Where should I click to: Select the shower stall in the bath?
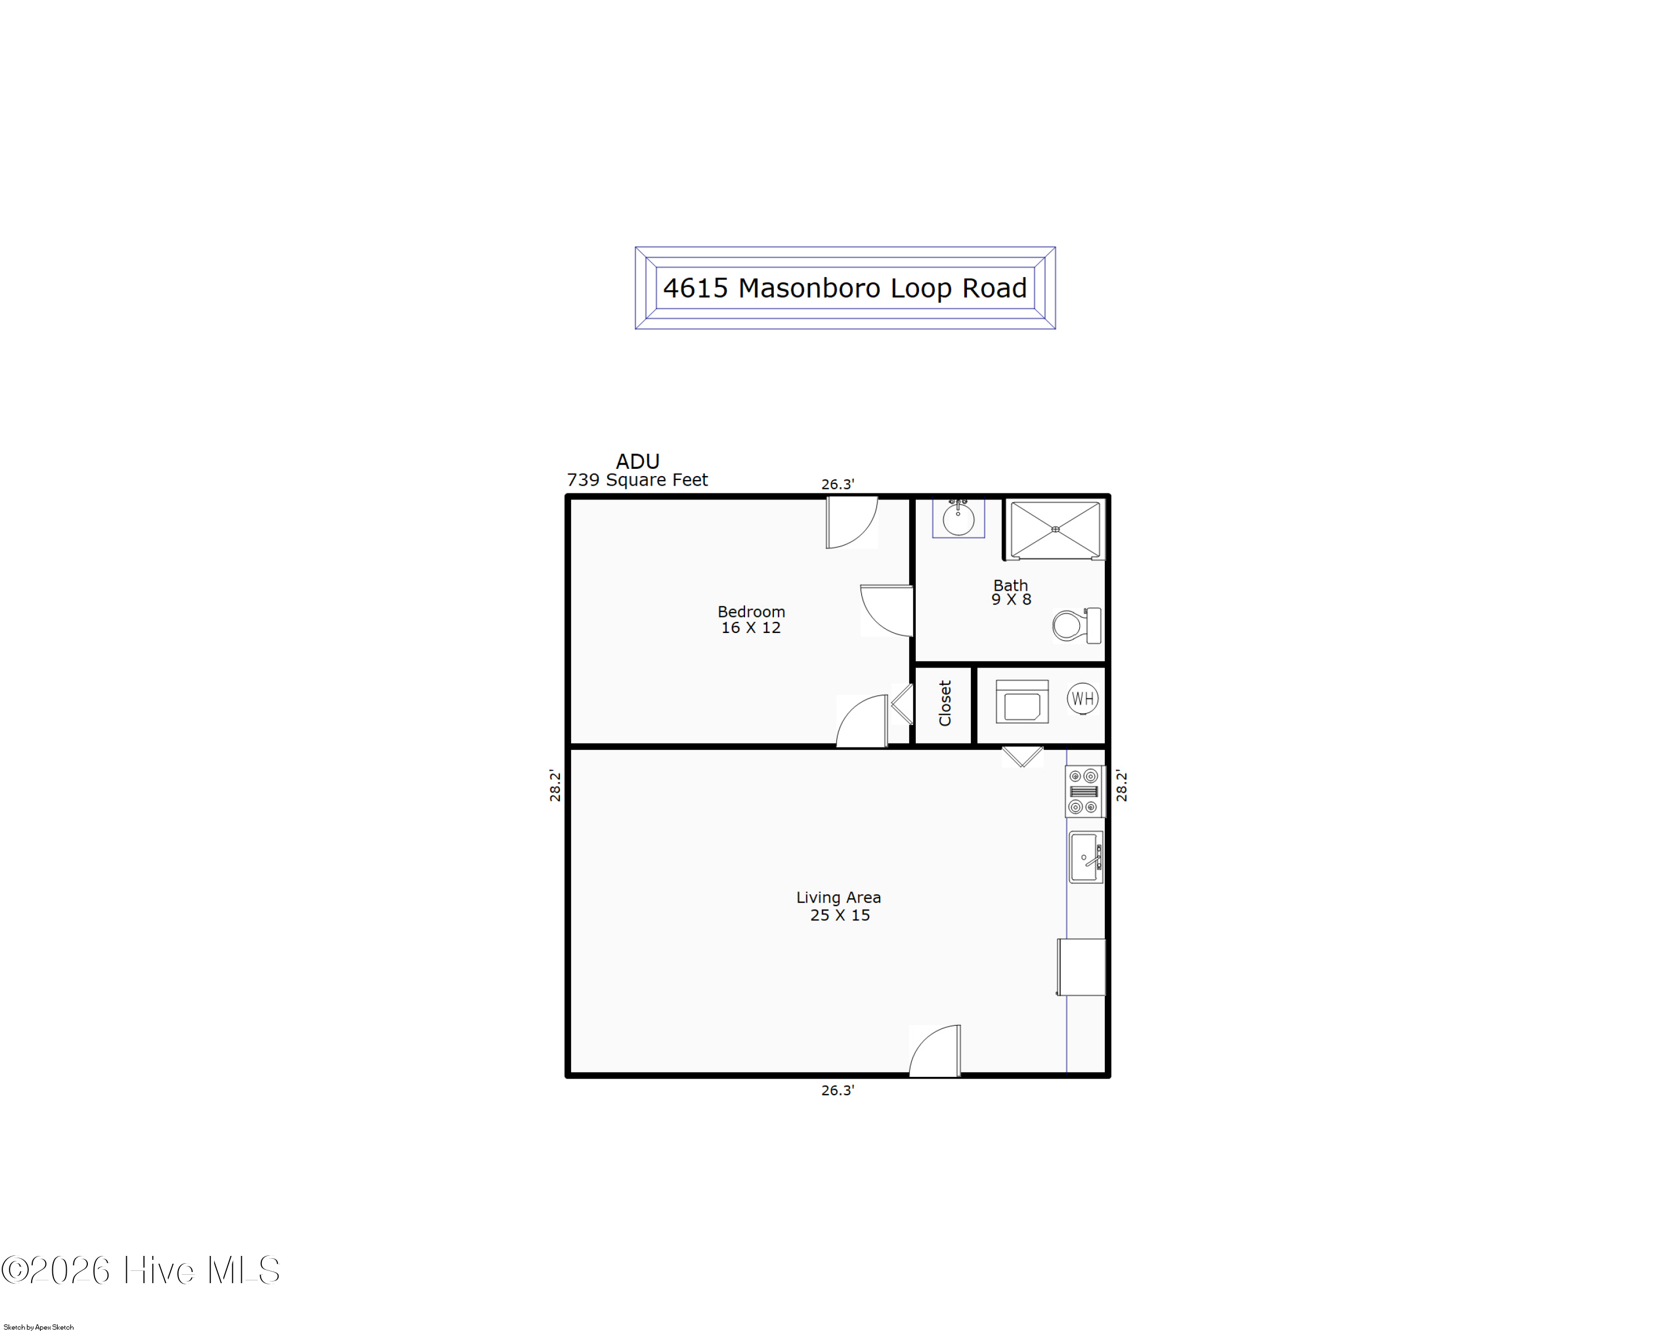[x=1055, y=530]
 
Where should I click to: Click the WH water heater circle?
[x=1083, y=699]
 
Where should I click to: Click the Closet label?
[x=945, y=704]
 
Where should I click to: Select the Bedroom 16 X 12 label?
[x=751, y=620]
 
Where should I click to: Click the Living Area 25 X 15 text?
[x=840, y=906]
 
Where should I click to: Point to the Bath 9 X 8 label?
[x=1011, y=592]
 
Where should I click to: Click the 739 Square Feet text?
[x=638, y=480]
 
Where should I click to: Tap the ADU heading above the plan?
[x=638, y=461]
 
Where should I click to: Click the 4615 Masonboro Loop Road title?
[x=845, y=288]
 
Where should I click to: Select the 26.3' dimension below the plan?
[x=838, y=1090]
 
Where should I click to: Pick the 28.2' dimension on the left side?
[x=555, y=785]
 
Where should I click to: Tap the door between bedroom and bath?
[x=887, y=611]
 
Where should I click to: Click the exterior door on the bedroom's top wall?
[x=852, y=523]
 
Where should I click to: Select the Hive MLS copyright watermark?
[x=140, y=1270]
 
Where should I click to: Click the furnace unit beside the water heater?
[x=1022, y=702]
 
